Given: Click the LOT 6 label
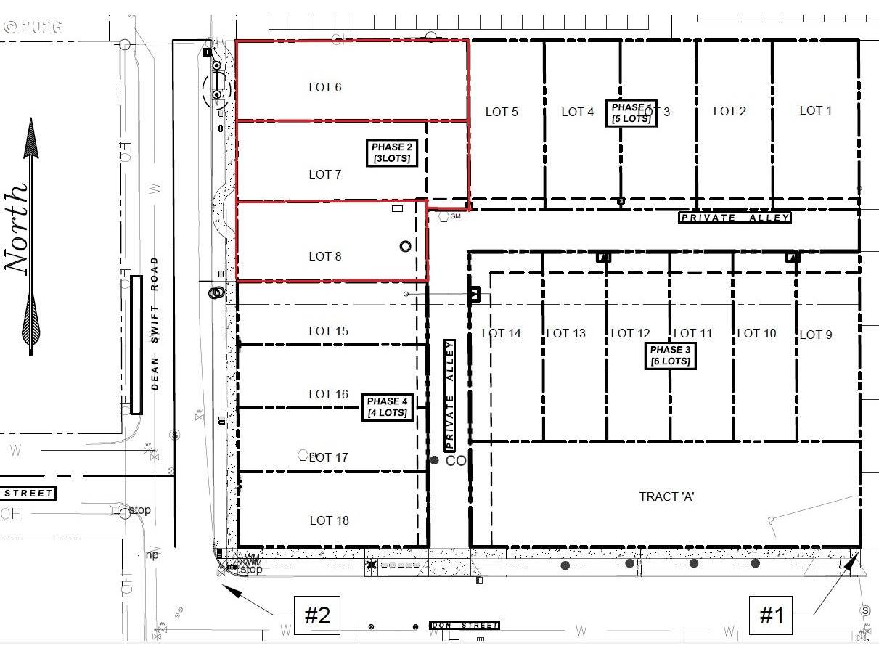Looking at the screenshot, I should point(324,87).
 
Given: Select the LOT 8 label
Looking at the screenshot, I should point(324,256).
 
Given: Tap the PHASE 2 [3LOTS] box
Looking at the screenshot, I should point(392,153).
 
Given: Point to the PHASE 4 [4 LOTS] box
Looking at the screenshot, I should point(388,407).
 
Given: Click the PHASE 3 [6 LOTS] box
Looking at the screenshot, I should point(670,356).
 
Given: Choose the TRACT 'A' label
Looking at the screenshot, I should point(667,496).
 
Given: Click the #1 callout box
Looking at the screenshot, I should point(771,616).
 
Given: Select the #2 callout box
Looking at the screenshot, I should point(316,616).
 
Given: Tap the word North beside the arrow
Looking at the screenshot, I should point(18,229).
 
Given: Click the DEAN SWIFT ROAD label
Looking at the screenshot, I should point(155,324).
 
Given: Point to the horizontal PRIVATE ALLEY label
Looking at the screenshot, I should point(734,218).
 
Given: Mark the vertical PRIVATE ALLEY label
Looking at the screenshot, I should point(449,396).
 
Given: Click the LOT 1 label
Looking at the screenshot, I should point(815,110).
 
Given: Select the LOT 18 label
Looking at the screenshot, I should point(329,520).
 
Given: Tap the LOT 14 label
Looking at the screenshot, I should point(501,333).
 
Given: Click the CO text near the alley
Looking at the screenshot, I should point(455,461).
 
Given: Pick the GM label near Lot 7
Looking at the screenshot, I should point(455,216).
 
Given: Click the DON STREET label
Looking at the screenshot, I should point(465,625).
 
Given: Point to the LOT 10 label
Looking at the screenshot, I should point(756,333).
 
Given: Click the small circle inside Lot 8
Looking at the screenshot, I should point(405,246).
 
